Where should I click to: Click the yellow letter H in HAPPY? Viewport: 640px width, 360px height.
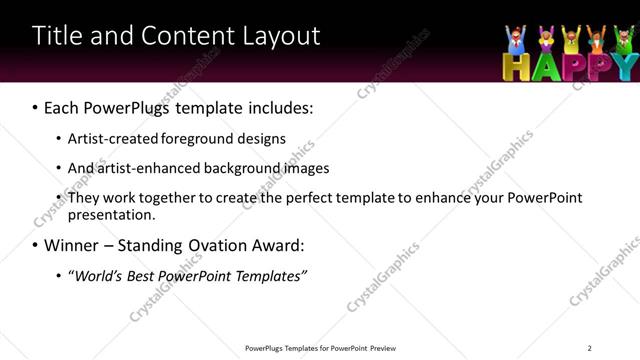click(514, 67)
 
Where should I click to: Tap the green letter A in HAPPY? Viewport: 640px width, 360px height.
click(541, 67)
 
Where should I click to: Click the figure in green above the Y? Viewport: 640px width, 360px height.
click(622, 40)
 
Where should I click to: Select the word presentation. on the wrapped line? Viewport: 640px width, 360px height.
click(111, 214)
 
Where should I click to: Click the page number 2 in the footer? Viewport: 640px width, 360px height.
click(589, 348)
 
